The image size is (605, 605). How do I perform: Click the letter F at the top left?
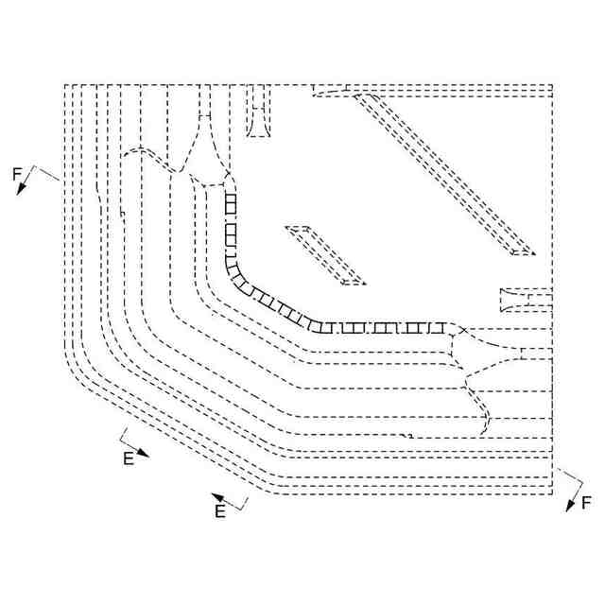click(16, 173)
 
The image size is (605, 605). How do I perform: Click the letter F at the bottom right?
click(587, 502)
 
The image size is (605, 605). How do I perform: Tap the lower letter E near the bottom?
click(220, 511)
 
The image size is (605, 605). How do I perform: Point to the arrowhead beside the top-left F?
click(20, 189)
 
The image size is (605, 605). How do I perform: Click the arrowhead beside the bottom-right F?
click(571, 506)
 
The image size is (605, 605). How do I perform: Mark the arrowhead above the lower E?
click(216, 496)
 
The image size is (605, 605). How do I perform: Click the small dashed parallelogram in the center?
click(324, 254)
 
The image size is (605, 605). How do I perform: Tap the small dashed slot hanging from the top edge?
click(258, 112)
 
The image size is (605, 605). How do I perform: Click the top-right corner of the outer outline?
click(552, 85)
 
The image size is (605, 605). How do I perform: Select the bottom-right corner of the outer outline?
click(552, 493)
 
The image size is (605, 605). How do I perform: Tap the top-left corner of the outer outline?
click(64, 85)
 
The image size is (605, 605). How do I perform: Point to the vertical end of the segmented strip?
click(228, 197)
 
